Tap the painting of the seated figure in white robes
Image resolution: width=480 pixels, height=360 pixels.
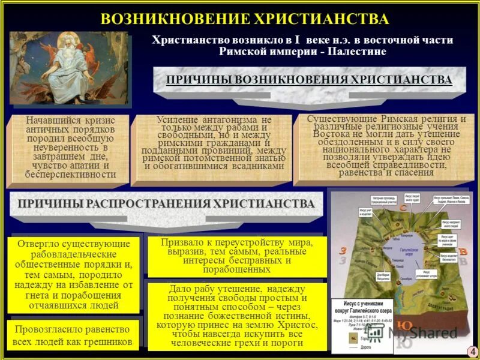68,68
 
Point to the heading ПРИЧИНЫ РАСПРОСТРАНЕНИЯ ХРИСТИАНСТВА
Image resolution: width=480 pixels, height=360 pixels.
166,204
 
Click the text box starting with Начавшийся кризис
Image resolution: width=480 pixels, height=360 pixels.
71,148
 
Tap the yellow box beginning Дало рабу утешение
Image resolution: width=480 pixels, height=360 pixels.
236,316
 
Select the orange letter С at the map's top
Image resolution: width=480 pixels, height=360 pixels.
404,208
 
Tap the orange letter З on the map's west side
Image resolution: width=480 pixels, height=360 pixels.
343,251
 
